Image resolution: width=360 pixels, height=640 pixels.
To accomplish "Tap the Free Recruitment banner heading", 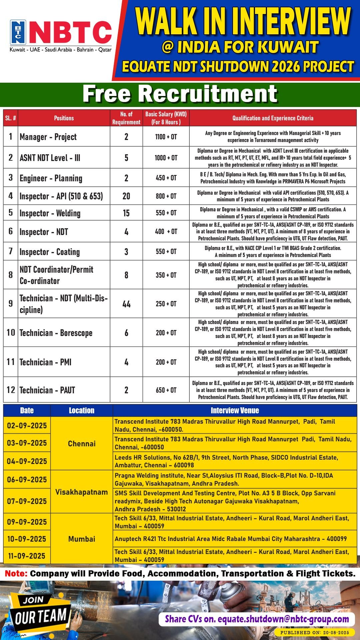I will [x=180, y=94].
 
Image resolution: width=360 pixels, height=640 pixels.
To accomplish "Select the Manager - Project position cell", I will [x=48, y=137].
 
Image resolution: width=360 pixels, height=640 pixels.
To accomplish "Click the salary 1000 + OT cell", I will [x=166, y=158].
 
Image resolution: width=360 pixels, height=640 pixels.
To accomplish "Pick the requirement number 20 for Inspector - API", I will [x=126, y=196].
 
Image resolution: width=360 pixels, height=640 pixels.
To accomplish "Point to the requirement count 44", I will [x=126, y=304].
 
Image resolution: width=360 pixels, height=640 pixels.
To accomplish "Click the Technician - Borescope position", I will [x=56, y=333].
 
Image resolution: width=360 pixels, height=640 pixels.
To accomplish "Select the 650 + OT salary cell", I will [x=166, y=390].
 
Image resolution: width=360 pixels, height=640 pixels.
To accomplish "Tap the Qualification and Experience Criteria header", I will [x=273, y=118].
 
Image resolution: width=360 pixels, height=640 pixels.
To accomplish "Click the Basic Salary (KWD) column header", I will [x=166, y=118].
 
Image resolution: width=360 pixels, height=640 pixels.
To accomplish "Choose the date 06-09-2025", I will [x=27, y=480].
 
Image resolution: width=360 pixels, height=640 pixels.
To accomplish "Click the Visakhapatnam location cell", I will [x=82, y=492].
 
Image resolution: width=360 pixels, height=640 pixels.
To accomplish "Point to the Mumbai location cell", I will [x=82, y=539].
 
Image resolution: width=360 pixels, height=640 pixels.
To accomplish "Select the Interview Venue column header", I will [x=235, y=411].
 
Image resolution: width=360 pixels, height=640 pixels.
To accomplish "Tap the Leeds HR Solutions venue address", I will [x=227, y=461].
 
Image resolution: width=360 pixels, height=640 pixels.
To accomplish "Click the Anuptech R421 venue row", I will [x=231, y=539].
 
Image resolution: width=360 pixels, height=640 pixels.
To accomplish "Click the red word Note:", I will [x=16, y=574].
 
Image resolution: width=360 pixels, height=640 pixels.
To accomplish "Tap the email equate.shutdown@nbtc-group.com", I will [x=283, y=619].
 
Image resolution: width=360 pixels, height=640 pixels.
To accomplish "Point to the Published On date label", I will [x=315, y=632].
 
